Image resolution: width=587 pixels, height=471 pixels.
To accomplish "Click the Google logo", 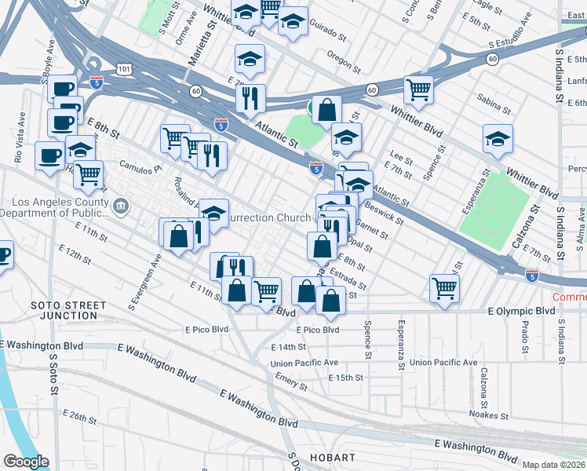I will tap(25, 462).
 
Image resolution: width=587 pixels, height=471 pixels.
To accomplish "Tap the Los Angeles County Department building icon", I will tap(120, 206).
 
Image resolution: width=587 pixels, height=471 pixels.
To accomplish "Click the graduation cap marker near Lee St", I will tap(345, 138).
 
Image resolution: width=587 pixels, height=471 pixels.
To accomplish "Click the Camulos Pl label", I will tap(140, 167).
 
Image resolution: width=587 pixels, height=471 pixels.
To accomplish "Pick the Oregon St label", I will tap(343, 59).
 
